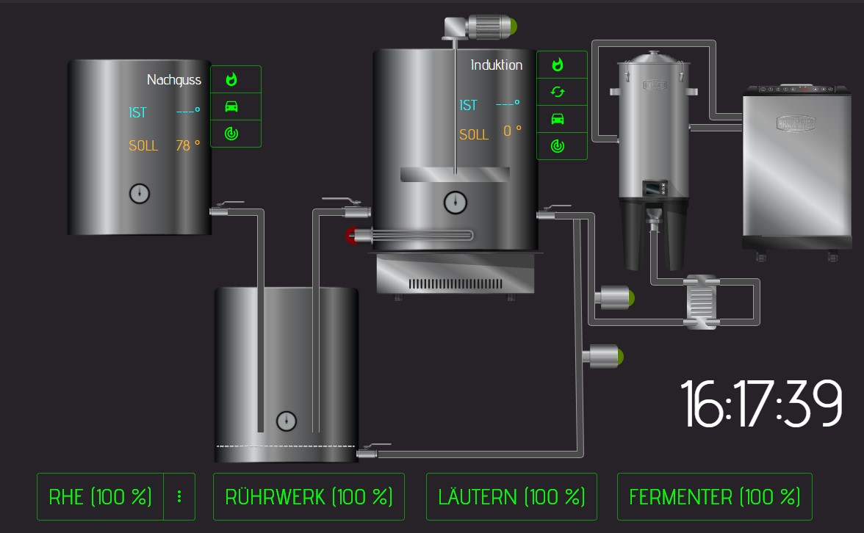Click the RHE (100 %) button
click(x=100, y=496)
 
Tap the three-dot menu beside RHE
click(x=179, y=496)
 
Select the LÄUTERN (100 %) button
click(x=511, y=496)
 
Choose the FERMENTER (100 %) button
click(x=715, y=496)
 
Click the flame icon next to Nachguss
click(x=231, y=79)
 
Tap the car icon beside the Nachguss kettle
click(x=231, y=106)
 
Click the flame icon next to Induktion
click(x=558, y=65)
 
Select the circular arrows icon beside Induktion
click(x=558, y=92)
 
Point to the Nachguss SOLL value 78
click(x=183, y=145)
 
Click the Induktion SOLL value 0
click(x=508, y=131)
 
